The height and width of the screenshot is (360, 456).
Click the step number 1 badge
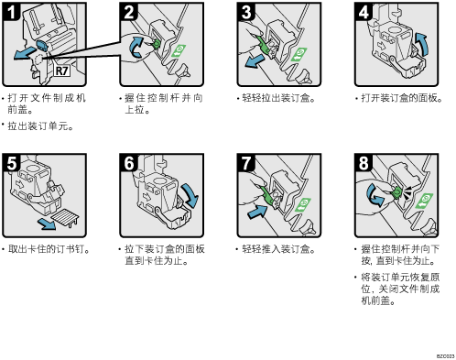11,12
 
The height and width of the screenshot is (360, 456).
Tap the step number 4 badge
364,12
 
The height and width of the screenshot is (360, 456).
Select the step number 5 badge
11,163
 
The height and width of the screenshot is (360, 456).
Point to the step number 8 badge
364,163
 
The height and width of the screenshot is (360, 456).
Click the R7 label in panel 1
61,71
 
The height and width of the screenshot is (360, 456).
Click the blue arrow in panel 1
25,53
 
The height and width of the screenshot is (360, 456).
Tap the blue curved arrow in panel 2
136,47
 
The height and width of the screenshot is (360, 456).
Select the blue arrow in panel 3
255,61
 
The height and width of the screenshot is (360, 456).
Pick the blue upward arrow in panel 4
422,44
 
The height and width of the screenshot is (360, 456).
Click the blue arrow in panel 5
47,224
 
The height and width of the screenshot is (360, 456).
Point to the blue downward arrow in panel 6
190,195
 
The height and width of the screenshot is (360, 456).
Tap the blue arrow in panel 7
257,212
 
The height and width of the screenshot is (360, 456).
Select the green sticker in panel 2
179,50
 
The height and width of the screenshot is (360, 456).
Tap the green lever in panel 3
263,45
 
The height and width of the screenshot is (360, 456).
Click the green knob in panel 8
396,192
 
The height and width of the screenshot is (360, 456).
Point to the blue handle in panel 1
42,45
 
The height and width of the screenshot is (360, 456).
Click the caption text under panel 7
278,249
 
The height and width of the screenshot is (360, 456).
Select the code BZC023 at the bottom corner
445,356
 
